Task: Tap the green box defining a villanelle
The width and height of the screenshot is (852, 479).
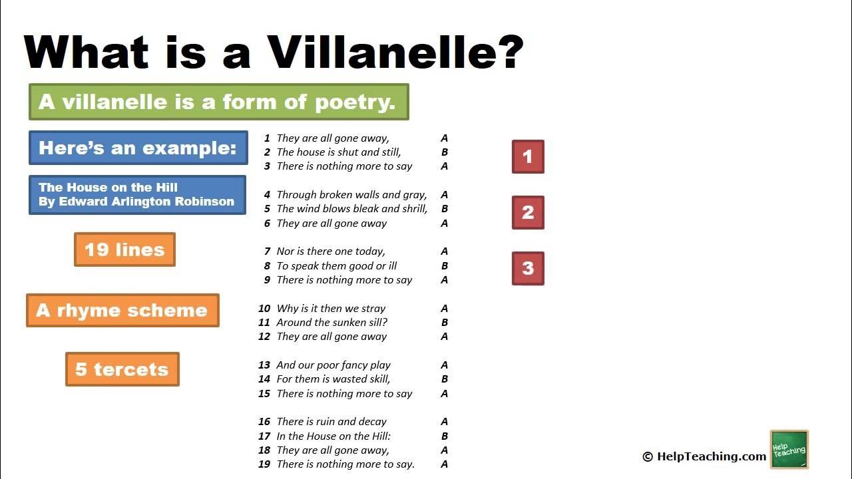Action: [x=218, y=102]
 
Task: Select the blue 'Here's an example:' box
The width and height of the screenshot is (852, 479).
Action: [x=138, y=148]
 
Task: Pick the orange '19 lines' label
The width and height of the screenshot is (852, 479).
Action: [x=124, y=249]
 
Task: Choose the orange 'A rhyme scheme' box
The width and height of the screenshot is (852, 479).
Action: [x=122, y=311]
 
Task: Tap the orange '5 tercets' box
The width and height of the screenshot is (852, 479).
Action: [x=122, y=369]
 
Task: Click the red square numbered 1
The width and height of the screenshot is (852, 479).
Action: [x=528, y=157]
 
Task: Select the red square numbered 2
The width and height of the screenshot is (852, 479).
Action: [x=528, y=213]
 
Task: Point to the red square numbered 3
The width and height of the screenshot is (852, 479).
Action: [x=528, y=269]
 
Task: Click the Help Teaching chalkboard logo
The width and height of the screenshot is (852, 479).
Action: [x=789, y=450]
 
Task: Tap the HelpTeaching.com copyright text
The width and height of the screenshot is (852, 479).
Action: [x=704, y=456]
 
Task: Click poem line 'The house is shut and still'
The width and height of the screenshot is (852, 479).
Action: [x=339, y=152]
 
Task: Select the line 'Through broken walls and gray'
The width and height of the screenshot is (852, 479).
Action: [x=351, y=195]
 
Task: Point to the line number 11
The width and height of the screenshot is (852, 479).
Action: [x=264, y=323]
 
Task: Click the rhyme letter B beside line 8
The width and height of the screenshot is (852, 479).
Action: [x=445, y=266]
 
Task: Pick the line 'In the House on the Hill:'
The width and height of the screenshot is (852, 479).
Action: [x=333, y=436]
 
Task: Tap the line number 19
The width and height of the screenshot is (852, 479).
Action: [x=264, y=464]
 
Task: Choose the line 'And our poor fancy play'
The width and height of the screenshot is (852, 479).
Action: [x=333, y=365]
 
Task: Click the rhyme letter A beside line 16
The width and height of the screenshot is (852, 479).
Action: [x=445, y=422]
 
